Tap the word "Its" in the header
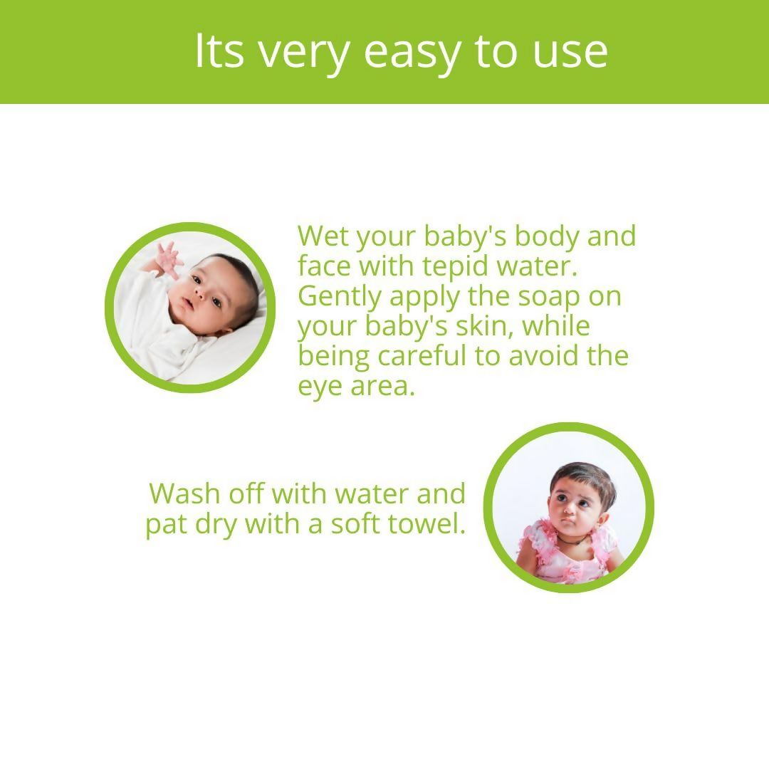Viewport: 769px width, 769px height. click(219, 51)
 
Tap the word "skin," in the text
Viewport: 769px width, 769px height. click(485, 327)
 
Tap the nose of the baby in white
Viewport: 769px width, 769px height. click(199, 295)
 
